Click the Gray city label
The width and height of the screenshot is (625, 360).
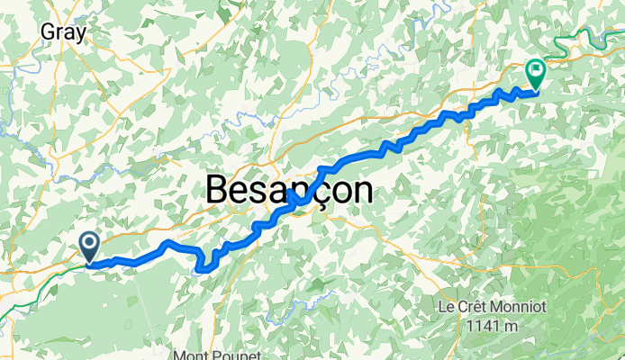(63, 32)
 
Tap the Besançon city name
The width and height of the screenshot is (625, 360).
(289, 190)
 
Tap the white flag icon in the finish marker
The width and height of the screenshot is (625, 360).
(538, 67)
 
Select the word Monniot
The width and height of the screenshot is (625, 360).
(515, 307)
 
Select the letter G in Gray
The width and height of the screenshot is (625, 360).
(48, 32)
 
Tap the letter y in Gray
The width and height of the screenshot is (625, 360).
(81, 34)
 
